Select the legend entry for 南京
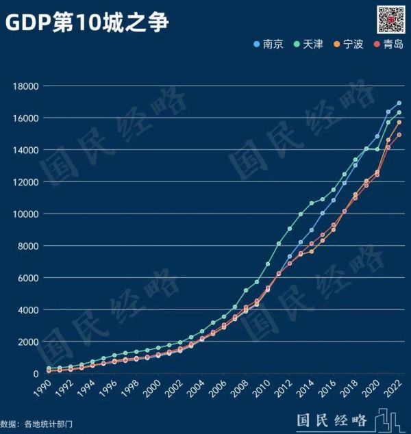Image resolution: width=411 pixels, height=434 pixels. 269,44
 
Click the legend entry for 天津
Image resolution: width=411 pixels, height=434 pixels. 308,44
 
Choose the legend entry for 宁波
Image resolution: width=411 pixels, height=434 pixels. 348,44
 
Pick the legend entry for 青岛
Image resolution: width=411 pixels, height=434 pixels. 388,44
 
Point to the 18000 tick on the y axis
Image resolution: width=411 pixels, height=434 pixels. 25,86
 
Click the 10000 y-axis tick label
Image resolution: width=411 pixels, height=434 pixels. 25,214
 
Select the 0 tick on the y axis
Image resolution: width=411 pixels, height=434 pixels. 36,374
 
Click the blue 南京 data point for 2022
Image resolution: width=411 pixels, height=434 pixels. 399,103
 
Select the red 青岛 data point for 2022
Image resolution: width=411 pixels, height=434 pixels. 399,135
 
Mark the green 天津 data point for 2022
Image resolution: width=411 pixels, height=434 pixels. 399,112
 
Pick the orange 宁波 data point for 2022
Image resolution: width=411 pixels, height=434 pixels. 399,122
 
